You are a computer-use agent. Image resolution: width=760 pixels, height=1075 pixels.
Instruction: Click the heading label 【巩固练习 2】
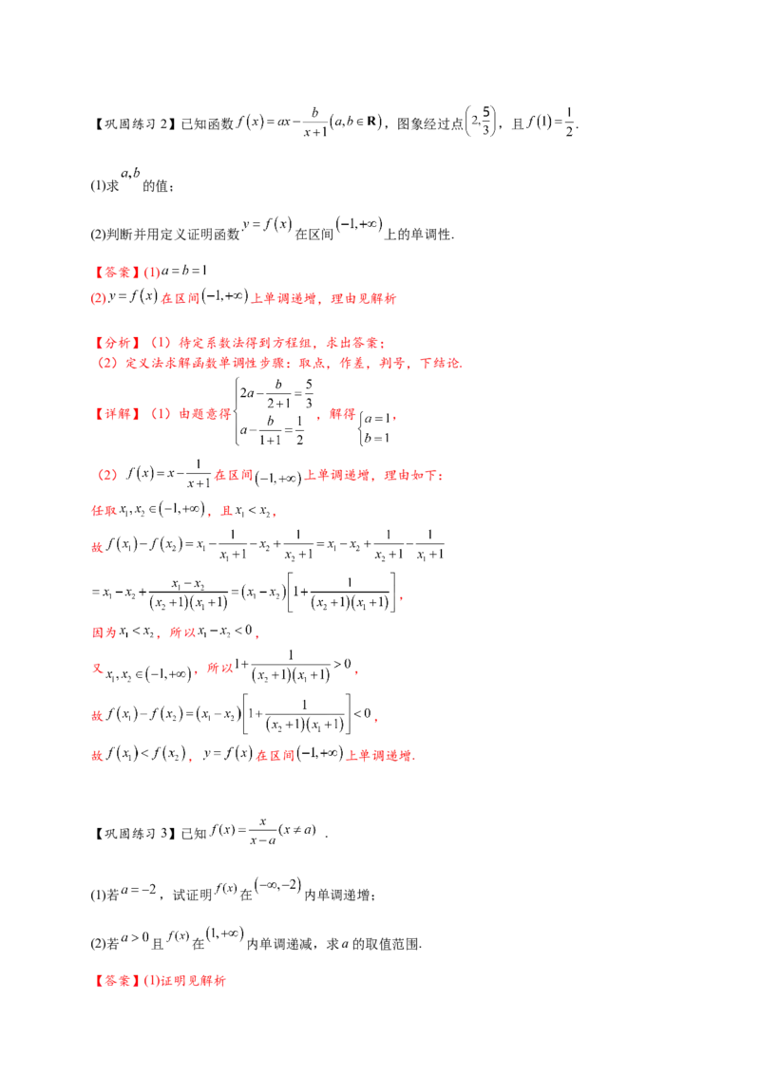[x=135, y=124]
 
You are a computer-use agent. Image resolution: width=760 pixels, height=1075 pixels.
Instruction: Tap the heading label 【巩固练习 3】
[x=135, y=834]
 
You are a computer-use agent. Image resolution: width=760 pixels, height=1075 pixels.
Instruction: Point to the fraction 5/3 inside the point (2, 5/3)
[x=486, y=121]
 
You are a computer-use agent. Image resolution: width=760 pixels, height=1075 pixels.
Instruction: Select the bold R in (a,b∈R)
[x=371, y=122]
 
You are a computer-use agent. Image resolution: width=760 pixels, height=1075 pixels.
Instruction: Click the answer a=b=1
[x=184, y=271]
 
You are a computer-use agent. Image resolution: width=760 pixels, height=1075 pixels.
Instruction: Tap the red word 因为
[x=104, y=632]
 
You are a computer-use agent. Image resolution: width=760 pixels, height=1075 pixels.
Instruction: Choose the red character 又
[x=98, y=668]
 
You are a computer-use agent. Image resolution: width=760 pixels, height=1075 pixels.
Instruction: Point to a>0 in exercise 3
[x=135, y=937]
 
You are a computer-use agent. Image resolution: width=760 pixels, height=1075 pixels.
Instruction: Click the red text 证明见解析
[x=193, y=981]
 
